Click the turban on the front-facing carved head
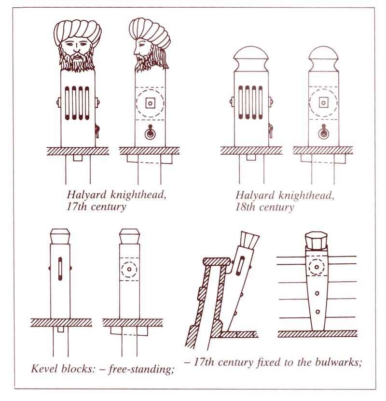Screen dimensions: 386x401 77,30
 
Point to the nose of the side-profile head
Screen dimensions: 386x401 136,51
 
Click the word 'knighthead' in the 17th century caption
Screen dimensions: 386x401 138,195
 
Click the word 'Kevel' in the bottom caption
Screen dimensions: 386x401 43,369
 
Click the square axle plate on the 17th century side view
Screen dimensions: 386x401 150,103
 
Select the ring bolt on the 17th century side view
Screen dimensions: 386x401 150,132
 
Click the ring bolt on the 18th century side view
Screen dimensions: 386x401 323,132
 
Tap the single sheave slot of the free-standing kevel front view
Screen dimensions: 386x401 60,269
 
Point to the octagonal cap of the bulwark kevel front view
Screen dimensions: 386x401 316,241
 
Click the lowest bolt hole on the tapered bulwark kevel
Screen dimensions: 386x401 318,312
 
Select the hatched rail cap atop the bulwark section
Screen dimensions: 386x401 217,261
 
